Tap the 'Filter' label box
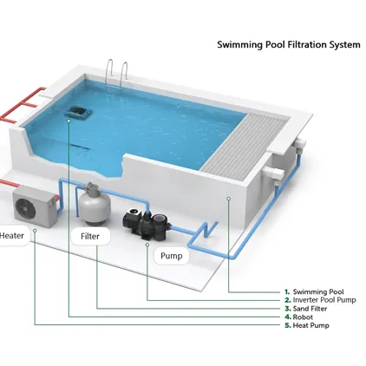tap(91, 236)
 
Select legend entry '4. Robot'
tap(300, 317)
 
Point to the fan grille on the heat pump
tap(29, 206)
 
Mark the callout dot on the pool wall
tap(228, 198)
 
